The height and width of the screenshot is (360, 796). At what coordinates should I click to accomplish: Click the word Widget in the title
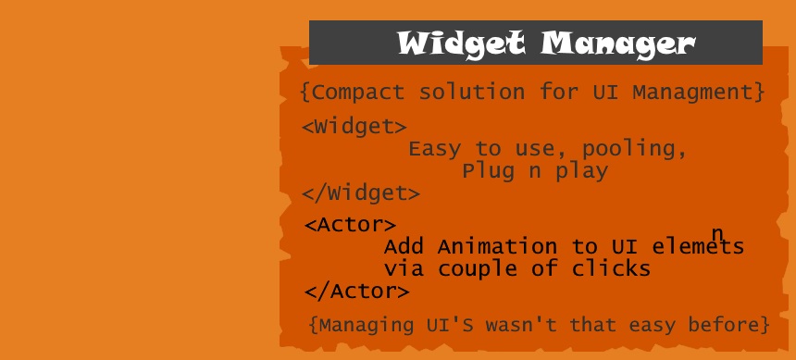(x=461, y=44)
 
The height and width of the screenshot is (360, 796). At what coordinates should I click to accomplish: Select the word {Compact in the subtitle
(x=353, y=92)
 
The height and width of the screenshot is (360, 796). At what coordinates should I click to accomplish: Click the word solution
(x=472, y=92)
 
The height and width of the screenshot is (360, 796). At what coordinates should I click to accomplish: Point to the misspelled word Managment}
(x=699, y=92)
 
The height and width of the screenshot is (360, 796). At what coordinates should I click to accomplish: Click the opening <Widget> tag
(x=354, y=127)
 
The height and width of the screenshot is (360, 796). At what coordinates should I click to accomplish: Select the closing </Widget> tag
(x=361, y=192)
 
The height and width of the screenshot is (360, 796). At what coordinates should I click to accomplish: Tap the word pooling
(x=634, y=149)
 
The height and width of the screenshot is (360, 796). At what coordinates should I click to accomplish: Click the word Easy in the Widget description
(x=435, y=149)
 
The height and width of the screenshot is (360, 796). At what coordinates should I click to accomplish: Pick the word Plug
(x=489, y=171)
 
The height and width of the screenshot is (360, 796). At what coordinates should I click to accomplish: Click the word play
(x=582, y=171)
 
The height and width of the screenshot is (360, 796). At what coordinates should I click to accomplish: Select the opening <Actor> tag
(x=350, y=225)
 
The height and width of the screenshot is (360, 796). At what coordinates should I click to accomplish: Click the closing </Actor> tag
(x=357, y=291)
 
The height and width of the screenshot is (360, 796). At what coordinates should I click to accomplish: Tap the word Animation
(x=497, y=247)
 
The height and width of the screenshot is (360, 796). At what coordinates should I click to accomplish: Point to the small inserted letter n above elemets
(x=716, y=233)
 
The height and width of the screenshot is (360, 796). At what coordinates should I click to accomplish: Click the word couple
(x=478, y=269)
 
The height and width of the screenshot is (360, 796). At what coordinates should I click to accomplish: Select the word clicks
(x=611, y=268)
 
